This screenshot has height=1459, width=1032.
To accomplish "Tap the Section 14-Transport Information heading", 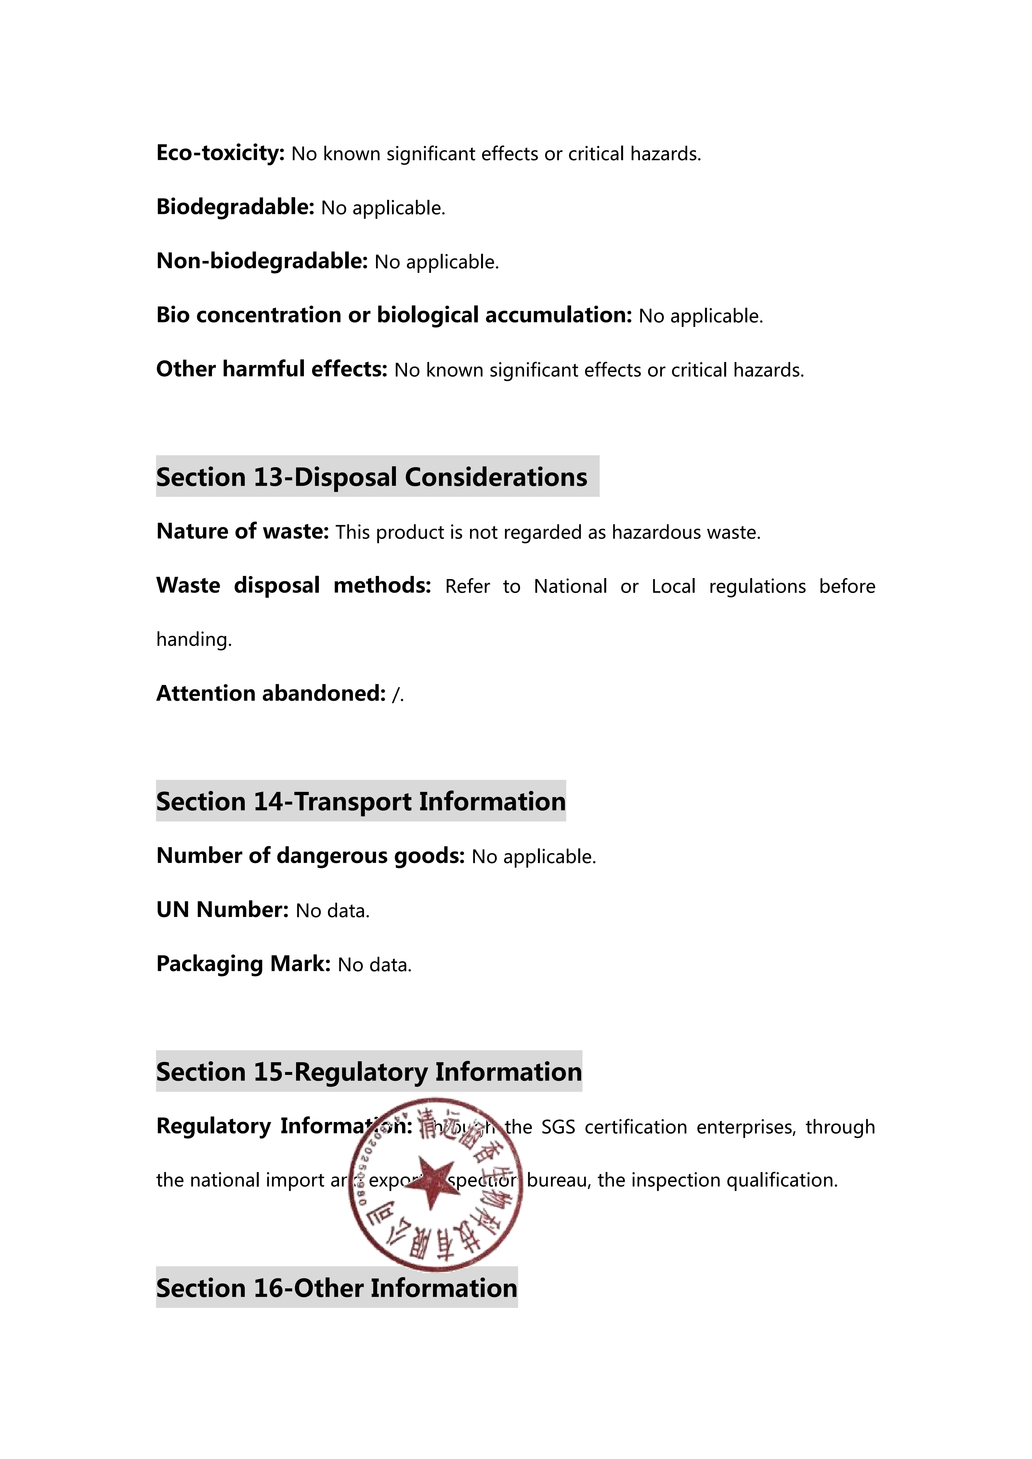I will click(361, 801).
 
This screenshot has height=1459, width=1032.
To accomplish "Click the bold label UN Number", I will click(222, 910).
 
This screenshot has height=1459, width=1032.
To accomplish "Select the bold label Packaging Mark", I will click(243, 964).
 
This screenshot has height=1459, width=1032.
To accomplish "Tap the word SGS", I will click(558, 1127).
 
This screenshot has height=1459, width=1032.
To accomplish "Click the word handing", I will click(194, 639).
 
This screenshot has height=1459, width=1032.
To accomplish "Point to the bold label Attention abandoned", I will click(271, 693).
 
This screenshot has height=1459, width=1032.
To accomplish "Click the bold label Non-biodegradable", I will click(262, 261).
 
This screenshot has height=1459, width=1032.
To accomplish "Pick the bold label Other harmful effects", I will click(271, 369).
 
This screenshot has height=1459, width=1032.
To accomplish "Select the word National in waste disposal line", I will click(570, 586).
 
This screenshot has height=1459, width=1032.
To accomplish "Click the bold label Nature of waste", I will click(242, 531).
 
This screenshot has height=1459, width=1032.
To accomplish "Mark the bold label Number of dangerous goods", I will click(311, 856).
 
